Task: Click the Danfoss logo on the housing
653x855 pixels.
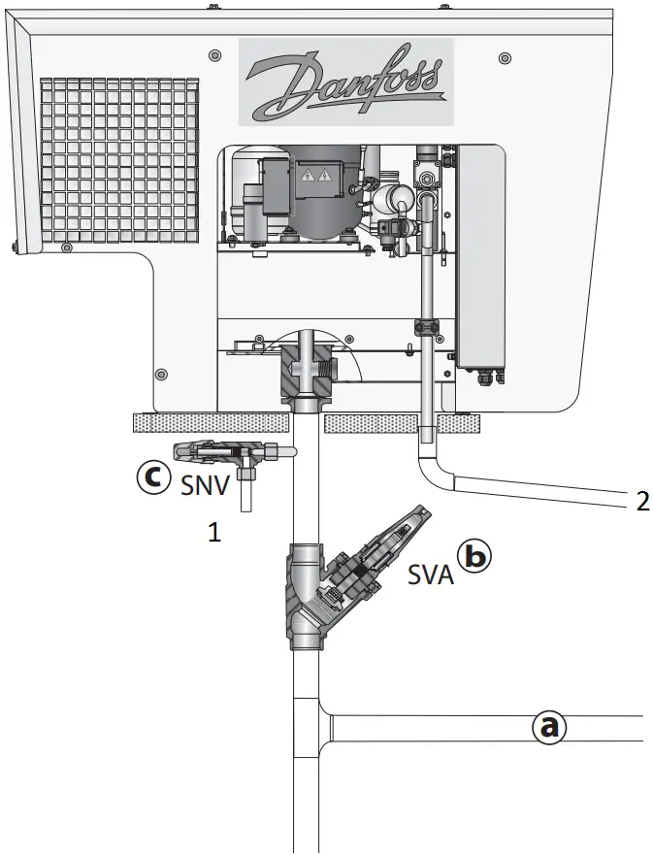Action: [345, 82]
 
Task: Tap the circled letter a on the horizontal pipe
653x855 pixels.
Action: [549, 726]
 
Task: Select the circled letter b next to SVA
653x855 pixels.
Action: [476, 556]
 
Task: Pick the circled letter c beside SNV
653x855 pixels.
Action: [151, 478]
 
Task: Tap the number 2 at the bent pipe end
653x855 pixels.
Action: [640, 501]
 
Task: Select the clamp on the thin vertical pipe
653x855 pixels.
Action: [428, 326]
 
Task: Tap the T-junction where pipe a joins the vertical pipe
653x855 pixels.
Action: [312, 723]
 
